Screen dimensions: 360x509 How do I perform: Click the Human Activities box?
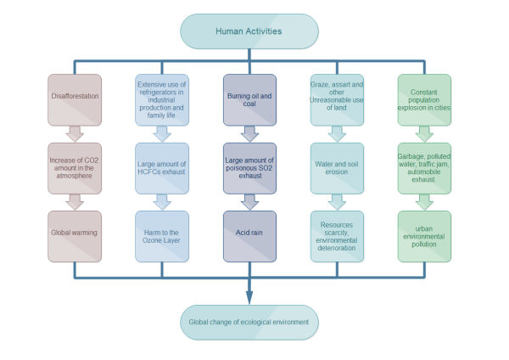tap(249, 31)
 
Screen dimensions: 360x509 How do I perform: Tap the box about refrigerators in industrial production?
tap(162, 99)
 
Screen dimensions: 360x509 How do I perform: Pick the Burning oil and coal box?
tap(249, 99)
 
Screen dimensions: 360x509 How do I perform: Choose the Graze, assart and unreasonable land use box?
tap(337, 99)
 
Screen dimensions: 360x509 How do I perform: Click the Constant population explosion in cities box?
tap(424, 99)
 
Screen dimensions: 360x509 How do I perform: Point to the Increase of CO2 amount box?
tap(75, 168)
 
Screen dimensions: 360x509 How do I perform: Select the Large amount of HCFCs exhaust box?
tap(162, 168)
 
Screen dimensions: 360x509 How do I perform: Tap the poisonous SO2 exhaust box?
tap(249, 168)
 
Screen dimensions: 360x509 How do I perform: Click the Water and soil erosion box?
tap(337, 168)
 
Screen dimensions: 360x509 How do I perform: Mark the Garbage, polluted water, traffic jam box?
tap(424, 168)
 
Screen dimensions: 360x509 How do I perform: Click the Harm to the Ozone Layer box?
tap(162, 236)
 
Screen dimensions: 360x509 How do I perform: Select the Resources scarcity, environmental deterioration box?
tap(337, 236)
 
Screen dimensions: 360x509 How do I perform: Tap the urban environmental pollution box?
tap(424, 236)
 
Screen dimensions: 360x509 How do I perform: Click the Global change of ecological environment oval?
tap(249, 322)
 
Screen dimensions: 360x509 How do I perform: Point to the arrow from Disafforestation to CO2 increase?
tap(75, 133)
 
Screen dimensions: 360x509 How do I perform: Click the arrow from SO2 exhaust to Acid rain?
tap(249, 202)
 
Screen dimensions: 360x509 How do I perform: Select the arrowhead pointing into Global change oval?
tap(249, 296)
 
